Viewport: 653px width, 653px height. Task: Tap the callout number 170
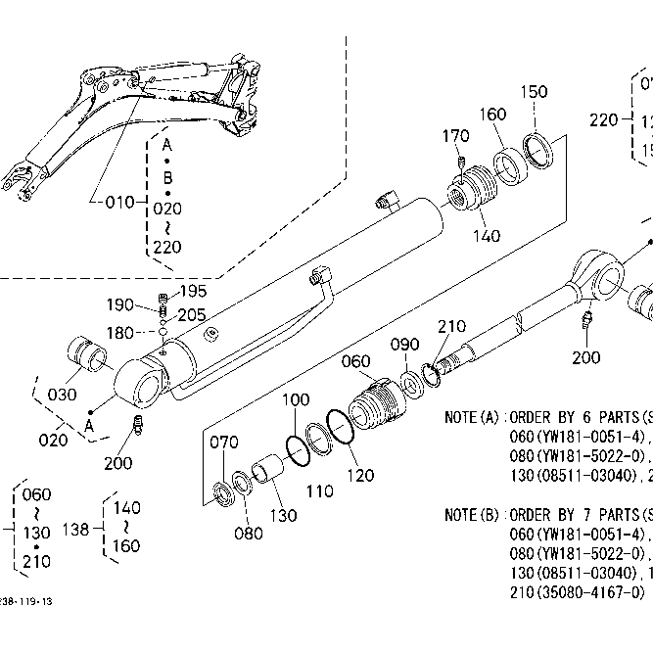click(456, 135)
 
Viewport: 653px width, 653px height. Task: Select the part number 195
click(193, 291)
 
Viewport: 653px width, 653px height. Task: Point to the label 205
click(192, 314)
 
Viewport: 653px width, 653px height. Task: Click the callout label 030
click(62, 395)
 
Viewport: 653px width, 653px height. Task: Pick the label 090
click(404, 345)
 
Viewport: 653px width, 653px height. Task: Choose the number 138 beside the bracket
click(76, 529)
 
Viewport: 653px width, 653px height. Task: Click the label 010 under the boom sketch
click(118, 203)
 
